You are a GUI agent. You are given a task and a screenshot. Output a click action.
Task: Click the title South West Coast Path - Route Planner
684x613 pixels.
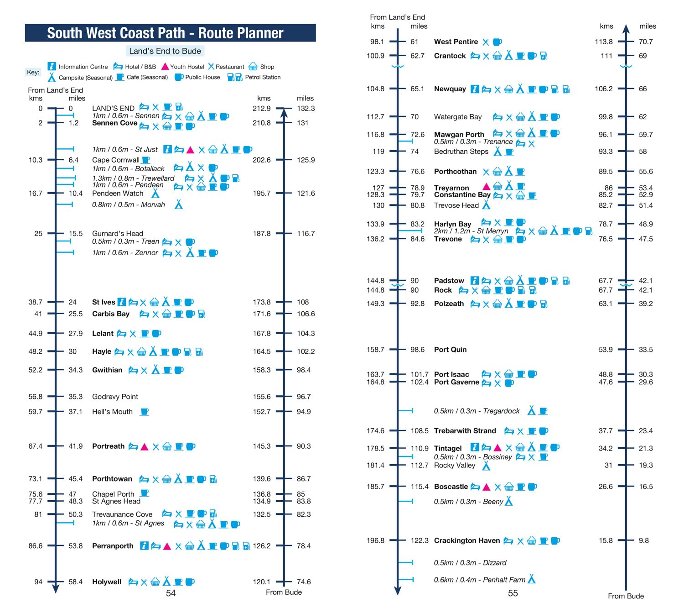pos(165,33)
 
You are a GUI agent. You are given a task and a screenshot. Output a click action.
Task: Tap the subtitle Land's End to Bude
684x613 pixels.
pos(165,51)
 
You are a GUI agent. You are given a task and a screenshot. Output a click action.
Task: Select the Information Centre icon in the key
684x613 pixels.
pos(52,66)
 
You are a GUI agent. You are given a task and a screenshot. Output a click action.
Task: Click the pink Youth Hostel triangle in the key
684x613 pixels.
pos(165,67)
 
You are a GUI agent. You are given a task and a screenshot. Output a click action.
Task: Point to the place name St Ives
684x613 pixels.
pos(104,302)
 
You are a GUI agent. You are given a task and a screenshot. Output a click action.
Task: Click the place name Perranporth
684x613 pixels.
pos(113,546)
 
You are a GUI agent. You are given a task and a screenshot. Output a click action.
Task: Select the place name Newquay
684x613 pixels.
pos(450,89)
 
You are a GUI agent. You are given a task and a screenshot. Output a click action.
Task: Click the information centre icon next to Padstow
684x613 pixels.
pos(475,280)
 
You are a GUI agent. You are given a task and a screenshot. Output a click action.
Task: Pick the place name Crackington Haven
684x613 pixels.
pos(466,540)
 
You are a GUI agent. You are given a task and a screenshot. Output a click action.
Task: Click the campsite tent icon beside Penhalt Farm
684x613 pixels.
pos(531,579)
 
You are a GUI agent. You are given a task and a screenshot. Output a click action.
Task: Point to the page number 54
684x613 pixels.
pos(171,593)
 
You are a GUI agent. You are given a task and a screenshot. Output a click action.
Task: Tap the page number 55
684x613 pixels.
pos(513,593)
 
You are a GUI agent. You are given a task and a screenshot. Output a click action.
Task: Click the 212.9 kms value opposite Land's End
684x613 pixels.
pos(261,109)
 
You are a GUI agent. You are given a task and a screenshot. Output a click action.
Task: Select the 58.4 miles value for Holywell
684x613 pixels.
pos(76,582)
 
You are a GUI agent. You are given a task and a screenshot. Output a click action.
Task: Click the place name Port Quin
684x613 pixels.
pos(450,350)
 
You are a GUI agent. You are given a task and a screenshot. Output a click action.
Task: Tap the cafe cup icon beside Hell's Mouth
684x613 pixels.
pos(145,412)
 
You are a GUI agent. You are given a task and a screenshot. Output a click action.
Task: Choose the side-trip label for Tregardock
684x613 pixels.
pos(477,411)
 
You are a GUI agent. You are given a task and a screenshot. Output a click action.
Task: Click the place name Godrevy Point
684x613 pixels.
pos(115,397)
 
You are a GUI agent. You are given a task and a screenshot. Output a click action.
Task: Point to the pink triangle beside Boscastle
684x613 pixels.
pos(487,487)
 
